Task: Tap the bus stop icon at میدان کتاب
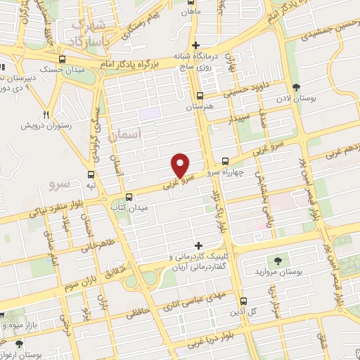click(x=128, y=197)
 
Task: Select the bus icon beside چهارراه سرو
click(x=225, y=160)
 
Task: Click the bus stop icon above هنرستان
click(x=200, y=96)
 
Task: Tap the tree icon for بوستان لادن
click(x=297, y=87)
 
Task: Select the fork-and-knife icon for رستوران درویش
click(x=46, y=115)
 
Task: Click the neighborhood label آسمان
click(x=127, y=133)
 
